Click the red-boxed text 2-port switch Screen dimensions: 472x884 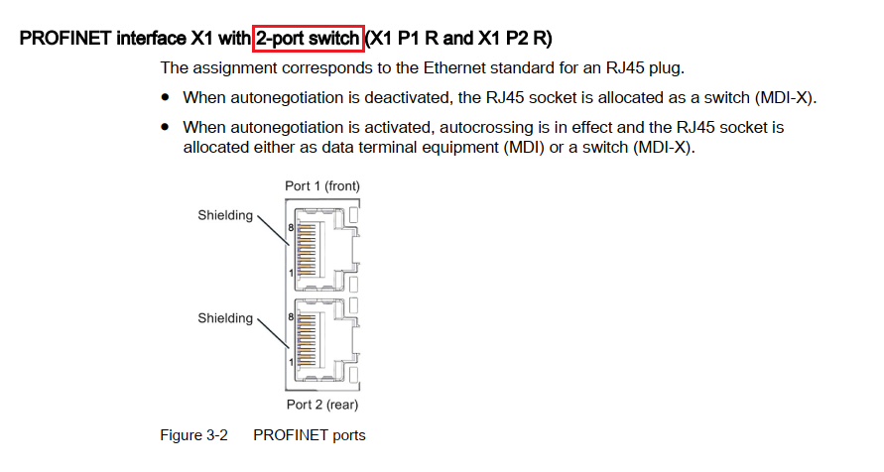pos(309,39)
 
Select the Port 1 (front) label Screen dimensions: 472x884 pos(322,185)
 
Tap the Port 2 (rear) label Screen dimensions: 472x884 pos(322,405)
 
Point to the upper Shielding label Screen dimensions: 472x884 pos(225,215)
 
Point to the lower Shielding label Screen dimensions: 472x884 pos(225,318)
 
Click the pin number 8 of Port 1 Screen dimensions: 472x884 pos(291,227)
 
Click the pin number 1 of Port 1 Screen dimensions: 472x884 pos(291,271)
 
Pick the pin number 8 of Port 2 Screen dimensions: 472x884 pos(291,317)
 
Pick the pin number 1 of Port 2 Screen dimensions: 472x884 pos(291,363)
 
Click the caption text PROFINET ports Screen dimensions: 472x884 pos(310,435)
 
